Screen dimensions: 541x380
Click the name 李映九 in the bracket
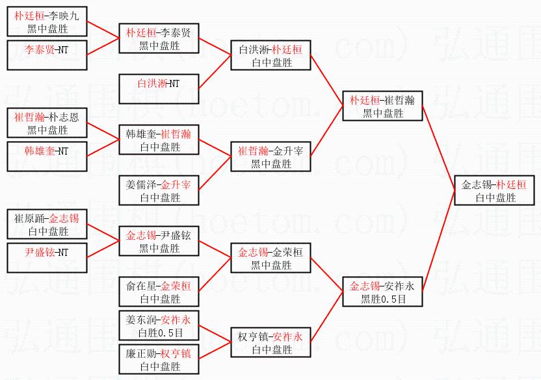click(64, 16)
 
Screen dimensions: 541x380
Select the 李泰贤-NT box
click(47, 55)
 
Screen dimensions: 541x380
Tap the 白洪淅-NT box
click(159, 89)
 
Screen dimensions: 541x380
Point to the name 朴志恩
click(64, 117)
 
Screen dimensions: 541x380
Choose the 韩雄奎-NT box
click(47, 157)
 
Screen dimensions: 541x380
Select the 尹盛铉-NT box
click(47, 258)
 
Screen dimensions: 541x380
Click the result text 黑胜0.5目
click(383, 299)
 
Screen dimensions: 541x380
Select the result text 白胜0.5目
click(161, 333)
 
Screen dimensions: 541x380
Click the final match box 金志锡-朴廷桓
click(494, 190)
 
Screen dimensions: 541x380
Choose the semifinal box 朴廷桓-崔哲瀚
click(382, 106)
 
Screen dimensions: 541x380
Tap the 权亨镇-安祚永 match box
click(270, 342)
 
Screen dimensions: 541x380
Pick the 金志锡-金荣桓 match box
click(270, 258)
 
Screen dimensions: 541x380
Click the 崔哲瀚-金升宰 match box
click(270, 157)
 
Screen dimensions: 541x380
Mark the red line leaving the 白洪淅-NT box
click(215, 72)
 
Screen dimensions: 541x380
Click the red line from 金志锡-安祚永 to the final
click(438, 241)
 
